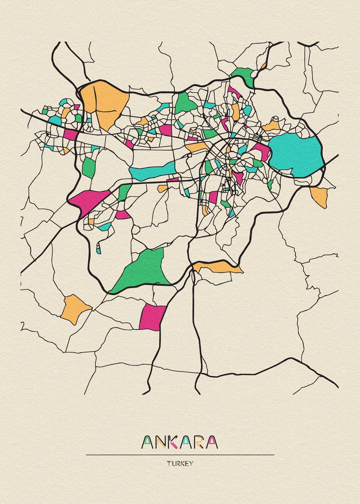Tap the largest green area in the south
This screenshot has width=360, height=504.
click(143, 271)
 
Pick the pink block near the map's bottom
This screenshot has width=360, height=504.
click(152, 318)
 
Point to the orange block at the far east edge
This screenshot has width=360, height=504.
click(319, 196)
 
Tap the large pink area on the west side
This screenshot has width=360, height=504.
click(90, 201)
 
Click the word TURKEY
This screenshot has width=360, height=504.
click(180, 464)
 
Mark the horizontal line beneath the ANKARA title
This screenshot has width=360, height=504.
click(180, 454)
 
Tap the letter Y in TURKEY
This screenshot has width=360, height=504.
click(191, 464)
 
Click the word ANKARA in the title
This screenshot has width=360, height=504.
click(180, 442)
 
